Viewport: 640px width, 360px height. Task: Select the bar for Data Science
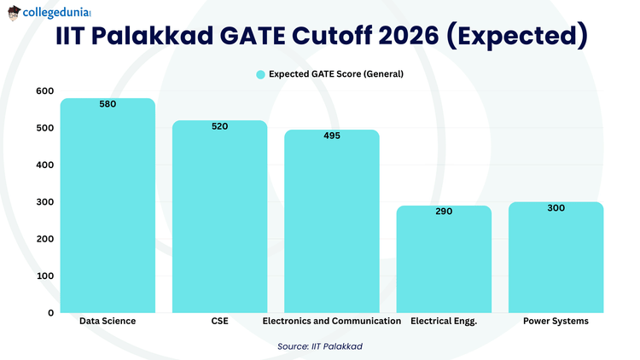108,209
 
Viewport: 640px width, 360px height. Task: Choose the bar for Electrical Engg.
443,260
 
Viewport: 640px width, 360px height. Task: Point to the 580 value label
108,104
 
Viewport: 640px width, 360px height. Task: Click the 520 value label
219,126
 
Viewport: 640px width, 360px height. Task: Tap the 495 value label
332,136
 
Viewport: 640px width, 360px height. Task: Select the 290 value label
443,211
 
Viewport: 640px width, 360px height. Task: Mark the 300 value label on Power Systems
556,207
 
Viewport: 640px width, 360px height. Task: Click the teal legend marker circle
261,74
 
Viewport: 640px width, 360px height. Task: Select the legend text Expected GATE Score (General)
336,74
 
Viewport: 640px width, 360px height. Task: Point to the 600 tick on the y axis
44,91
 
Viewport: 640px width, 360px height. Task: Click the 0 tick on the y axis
50,313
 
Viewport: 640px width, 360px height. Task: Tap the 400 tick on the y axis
44,165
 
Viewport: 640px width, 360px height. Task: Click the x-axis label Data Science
108,322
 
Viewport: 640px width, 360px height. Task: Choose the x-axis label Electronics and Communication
332,322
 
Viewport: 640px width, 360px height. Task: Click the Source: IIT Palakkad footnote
321,347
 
